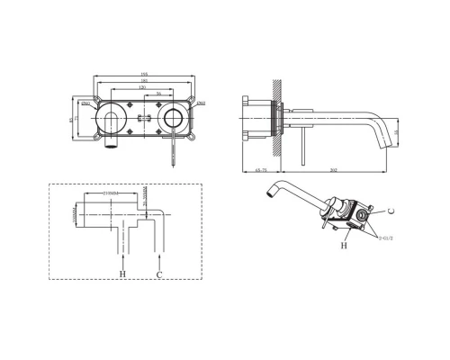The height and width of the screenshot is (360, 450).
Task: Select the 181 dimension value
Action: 142,81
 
